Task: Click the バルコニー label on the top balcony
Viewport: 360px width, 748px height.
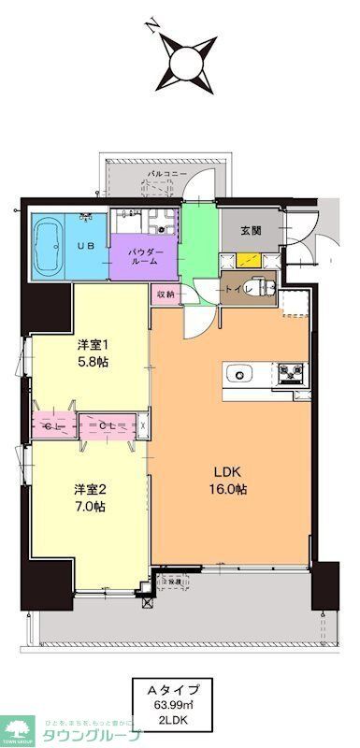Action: pyautogui.click(x=167, y=175)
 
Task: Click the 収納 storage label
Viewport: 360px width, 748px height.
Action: pyautogui.click(x=165, y=293)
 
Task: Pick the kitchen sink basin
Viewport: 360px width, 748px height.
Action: pyautogui.click(x=242, y=375)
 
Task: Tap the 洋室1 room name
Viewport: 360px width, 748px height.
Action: pyautogui.click(x=93, y=344)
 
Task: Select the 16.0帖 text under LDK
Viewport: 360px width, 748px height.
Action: pyautogui.click(x=228, y=489)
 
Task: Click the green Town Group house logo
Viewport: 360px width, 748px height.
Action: pyautogui.click(x=18, y=728)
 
